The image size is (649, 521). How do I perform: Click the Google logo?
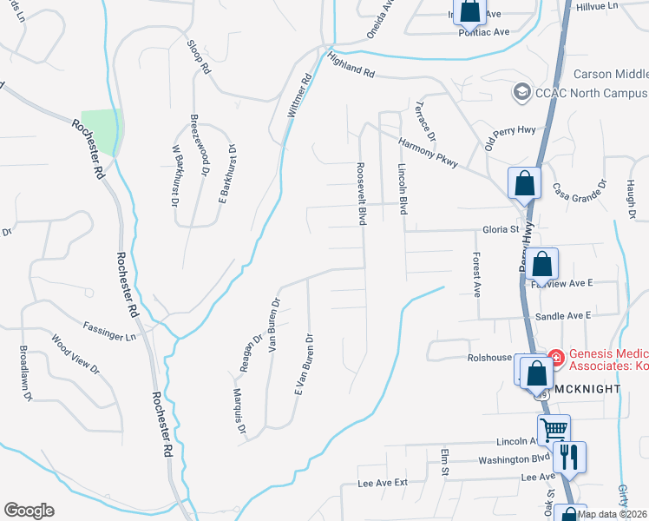29,511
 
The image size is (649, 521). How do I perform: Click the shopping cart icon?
553,428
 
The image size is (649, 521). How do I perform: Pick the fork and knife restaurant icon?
570,456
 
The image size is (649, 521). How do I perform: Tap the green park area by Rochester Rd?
99,130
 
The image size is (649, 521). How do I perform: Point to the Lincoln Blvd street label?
403,188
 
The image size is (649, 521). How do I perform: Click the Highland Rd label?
351,67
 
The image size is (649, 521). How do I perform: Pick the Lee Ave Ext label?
382,483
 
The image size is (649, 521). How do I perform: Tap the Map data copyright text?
611,514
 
